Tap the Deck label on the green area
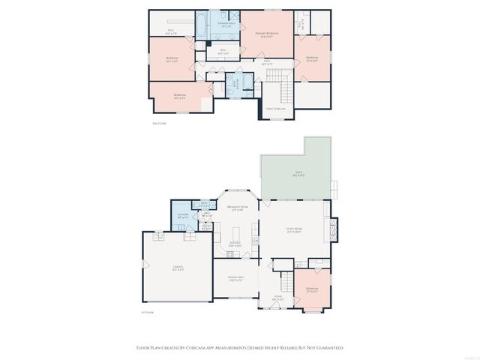pos(298,174)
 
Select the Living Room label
pos(293,230)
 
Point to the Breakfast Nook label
pos(238,208)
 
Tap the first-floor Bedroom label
pos(311,289)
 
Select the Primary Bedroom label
pos(267,34)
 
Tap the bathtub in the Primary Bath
pos(202,24)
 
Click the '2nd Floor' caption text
pos(158,123)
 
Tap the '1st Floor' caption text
pos(147,313)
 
